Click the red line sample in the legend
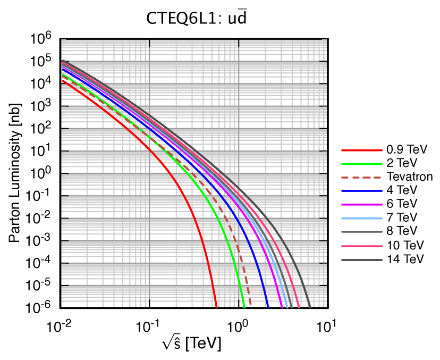361,150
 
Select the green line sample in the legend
361,164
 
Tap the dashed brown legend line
361,178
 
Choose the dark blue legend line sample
361,191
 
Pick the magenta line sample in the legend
361,205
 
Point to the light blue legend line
361,219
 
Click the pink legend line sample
361,246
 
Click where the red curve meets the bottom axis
217,307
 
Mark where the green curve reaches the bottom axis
244,307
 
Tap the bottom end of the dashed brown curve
251,306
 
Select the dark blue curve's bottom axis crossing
268,307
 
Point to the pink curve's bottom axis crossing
300,307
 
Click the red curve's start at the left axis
62,81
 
